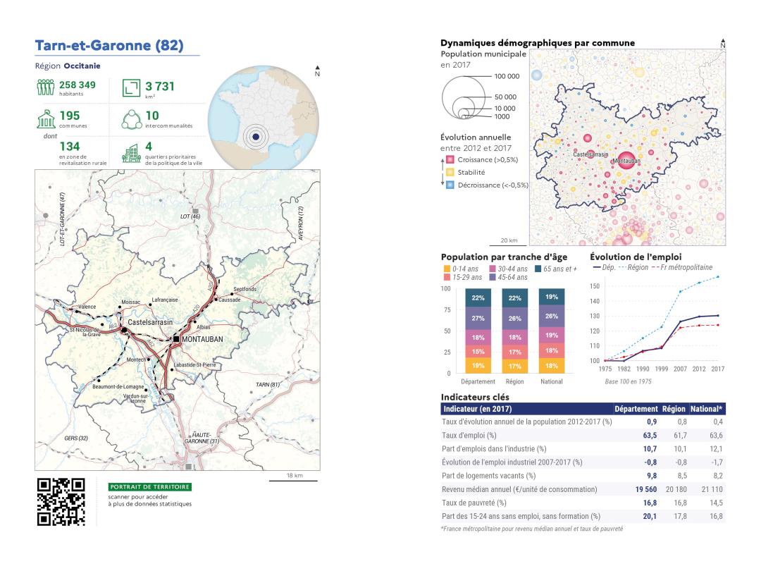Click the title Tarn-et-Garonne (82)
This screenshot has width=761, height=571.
click(109, 47)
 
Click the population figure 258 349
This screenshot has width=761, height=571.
click(77, 85)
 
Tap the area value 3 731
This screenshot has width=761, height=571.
click(160, 87)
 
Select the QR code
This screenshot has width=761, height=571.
click(61, 503)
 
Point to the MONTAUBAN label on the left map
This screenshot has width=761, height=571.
click(202, 339)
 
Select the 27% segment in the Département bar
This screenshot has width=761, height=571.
click(478, 318)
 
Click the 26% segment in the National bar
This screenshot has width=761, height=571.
click(552, 316)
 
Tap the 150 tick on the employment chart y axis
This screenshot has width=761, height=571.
click(593, 286)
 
